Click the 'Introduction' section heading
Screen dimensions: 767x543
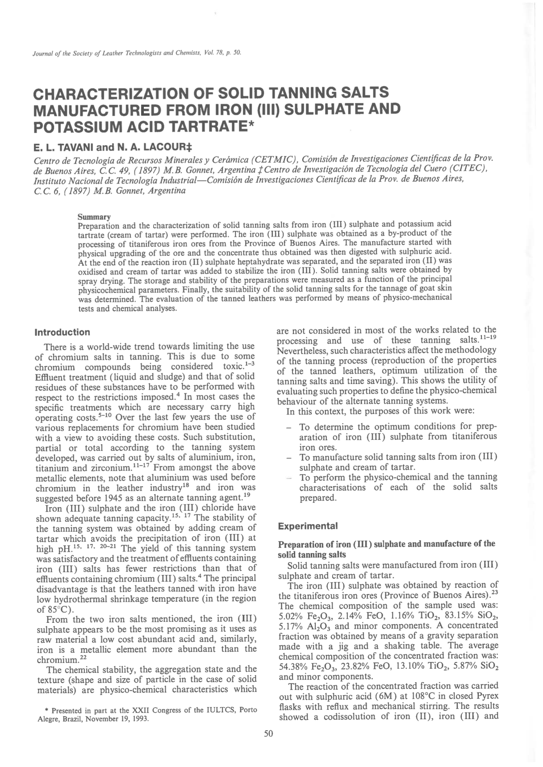tap(62, 332)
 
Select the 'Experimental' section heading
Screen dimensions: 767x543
tap(308, 526)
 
